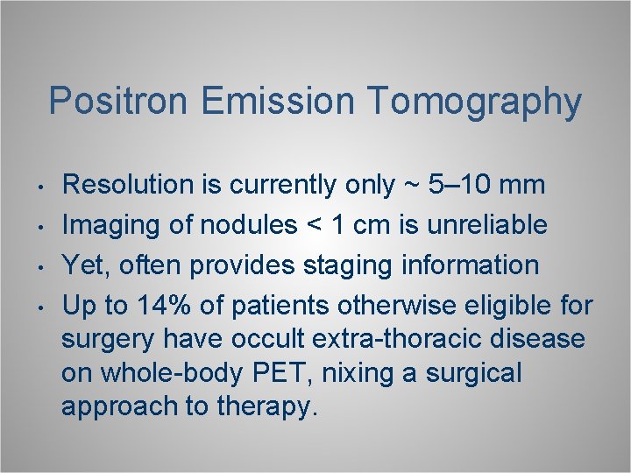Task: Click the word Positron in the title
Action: coord(119,102)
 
